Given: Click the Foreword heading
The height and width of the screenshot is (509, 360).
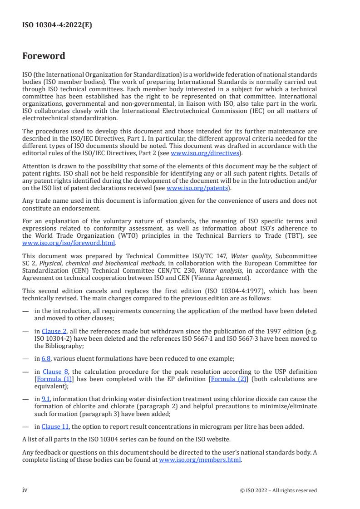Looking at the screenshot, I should [x=44, y=56].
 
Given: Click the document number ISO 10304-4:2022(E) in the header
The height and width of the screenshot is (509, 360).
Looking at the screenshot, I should [x=57, y=25].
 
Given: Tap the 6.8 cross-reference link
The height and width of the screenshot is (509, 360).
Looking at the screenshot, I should [x=46, y=358].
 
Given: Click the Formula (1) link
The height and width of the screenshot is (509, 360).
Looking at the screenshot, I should [x=49, y=379].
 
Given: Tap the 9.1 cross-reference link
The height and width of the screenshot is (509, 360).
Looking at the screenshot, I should [x=45, y=399].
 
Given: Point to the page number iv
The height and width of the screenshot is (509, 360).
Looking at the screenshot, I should [x=25, y=489].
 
